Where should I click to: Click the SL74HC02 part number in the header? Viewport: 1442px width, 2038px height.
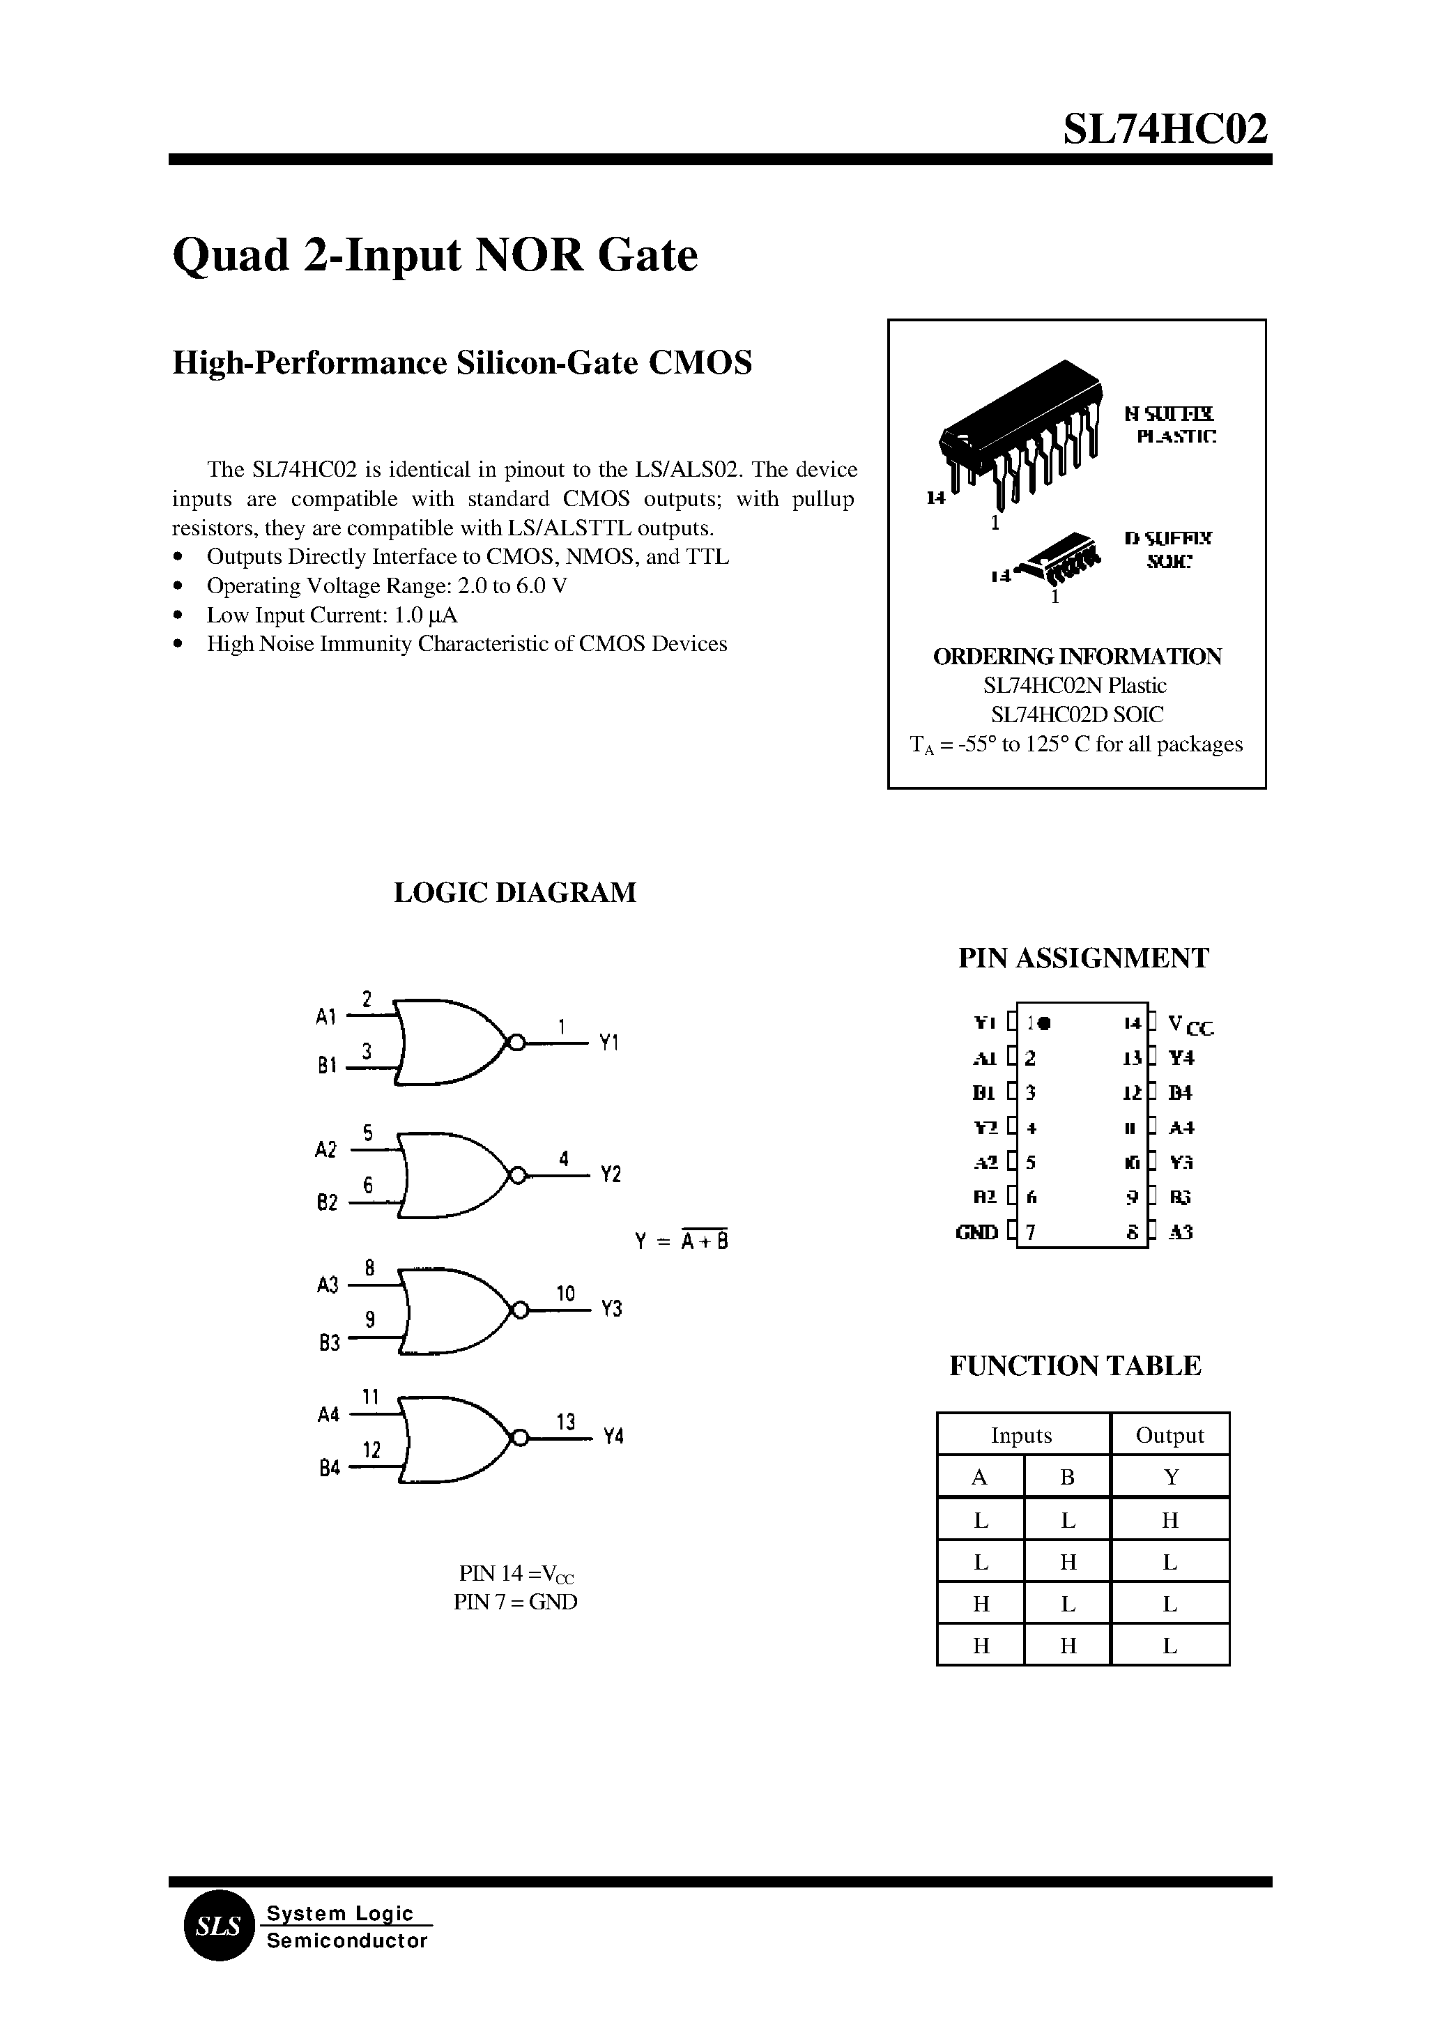point(1165,130)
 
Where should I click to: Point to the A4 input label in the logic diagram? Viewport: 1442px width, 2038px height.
point(328,1415)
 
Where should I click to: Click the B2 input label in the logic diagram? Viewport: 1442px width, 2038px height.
point(327,1202)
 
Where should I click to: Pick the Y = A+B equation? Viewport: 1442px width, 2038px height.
point(682,1241)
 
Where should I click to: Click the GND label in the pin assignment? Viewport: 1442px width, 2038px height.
point(976,1232)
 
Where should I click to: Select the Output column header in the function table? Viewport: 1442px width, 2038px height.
point(1169,1436)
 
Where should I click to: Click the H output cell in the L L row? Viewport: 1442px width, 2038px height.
point(1169,1520)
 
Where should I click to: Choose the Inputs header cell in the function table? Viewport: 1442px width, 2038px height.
point(1021,1436)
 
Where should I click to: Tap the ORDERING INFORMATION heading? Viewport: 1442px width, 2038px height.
point(1077,657)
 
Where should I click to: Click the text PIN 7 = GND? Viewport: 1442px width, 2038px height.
point(515,1602)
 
